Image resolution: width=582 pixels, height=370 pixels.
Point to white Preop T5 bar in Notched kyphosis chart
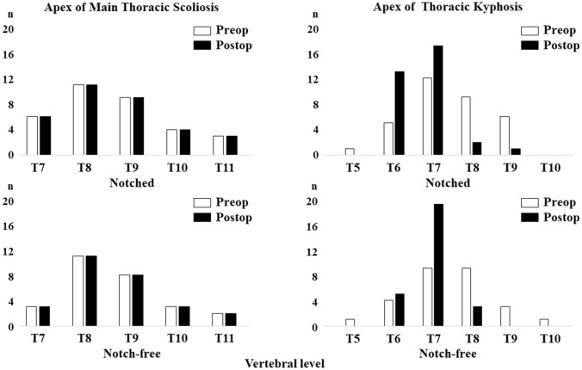point(349,151)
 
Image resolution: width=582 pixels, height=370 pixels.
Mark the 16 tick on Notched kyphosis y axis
point(314,54)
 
